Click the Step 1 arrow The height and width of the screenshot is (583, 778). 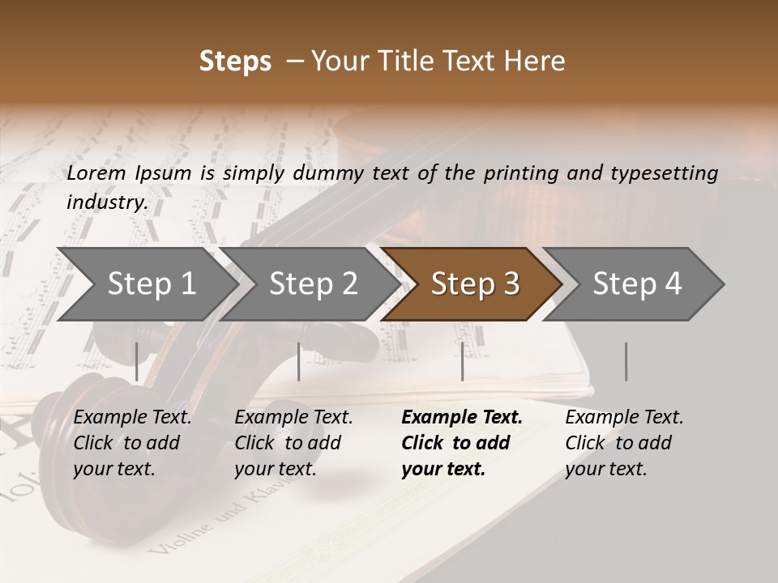[151, 284]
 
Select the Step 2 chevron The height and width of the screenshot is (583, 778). [313, 284]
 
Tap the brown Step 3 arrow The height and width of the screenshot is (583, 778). [475, 284]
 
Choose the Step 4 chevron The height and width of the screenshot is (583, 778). [637, 284]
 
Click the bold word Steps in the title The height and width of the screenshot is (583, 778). [235, 62]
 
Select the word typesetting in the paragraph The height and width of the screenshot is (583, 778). [660, 172]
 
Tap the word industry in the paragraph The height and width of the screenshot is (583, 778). [106, 202]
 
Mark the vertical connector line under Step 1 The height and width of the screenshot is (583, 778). [137, 361]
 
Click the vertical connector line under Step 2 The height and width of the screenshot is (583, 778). [299, 361]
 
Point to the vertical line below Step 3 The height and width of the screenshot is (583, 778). [462, 361]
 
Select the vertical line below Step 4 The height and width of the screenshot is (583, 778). [626, 361]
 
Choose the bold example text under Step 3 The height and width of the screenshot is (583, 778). [461, 443]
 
